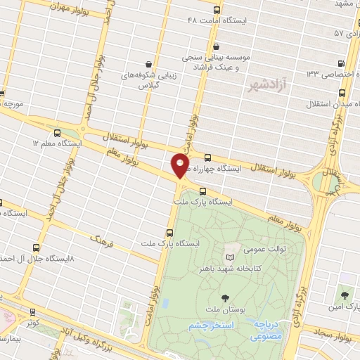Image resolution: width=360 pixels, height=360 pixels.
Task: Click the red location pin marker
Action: coord(180,165)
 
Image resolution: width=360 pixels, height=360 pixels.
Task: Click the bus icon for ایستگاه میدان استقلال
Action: coord(342,94)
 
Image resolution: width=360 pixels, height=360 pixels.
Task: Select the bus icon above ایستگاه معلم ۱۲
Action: coord(57,131)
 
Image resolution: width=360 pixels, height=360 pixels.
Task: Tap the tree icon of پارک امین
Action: coord(345,296)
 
